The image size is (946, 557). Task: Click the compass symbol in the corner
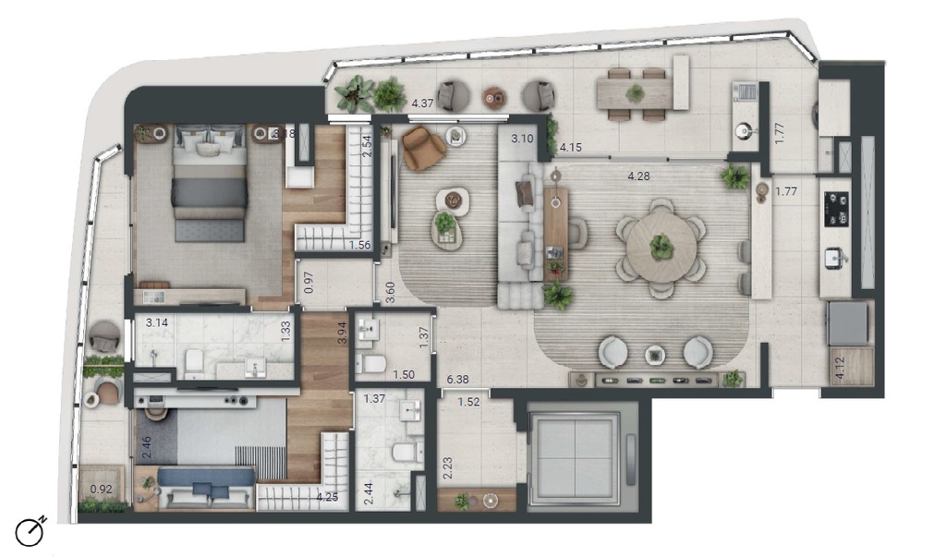(30, 532)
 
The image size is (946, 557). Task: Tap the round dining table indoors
(661, 247)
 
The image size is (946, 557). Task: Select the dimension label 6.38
(456, 378)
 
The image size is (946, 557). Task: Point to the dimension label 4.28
(637, 175)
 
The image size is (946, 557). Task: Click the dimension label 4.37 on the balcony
(422, 103)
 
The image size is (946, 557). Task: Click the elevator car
(575, 457)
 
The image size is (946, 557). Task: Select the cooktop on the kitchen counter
(836, 209)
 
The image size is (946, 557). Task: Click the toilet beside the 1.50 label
(373, 363)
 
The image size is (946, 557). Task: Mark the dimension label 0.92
(100, 490)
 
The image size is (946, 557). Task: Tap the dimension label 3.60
(391, 292)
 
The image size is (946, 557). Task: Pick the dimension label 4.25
(326, 496)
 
